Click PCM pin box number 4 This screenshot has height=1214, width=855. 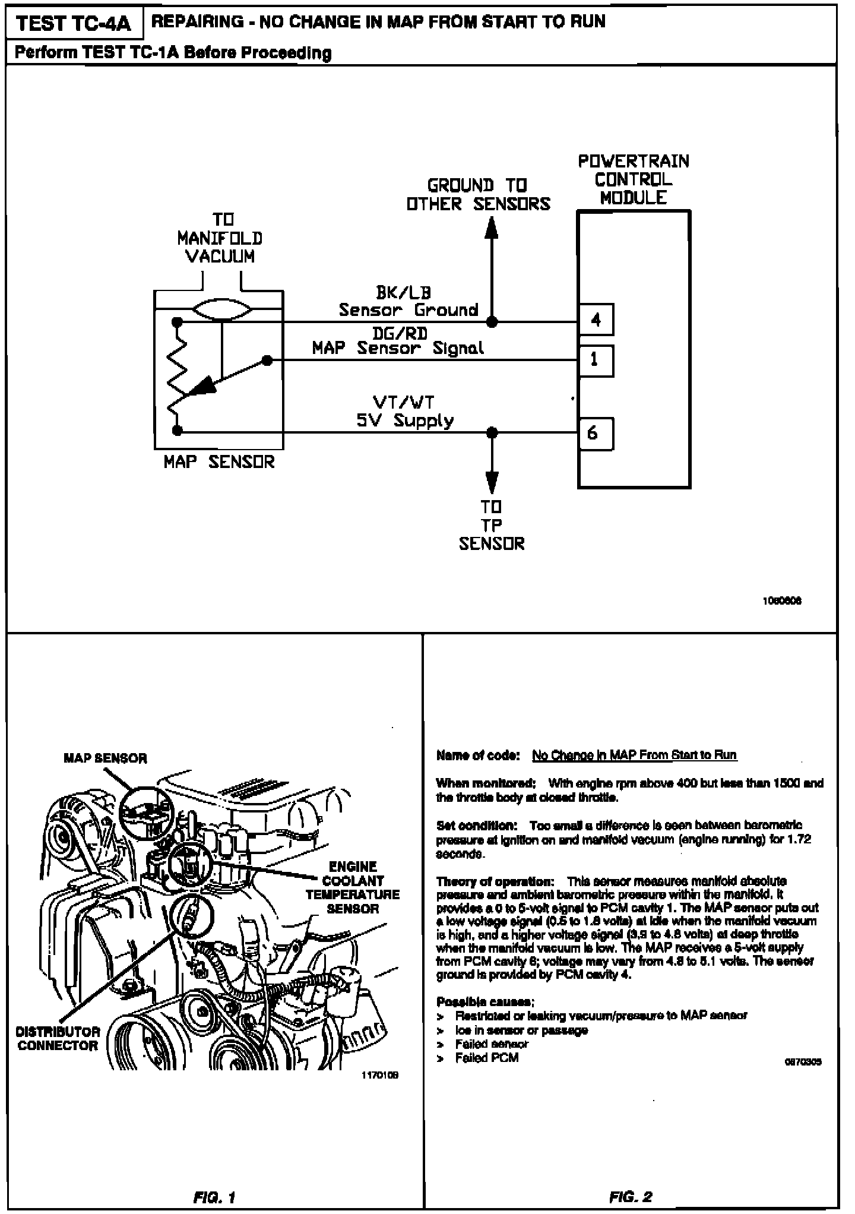tap(596, 320)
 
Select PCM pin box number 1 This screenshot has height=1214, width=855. tap(596, 360)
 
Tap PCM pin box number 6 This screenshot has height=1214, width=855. tap(596, 434)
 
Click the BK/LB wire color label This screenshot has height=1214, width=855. tap(403, 292)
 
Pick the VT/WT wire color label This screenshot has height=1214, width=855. tap(403, 402)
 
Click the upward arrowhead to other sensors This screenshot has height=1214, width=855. tap(492, 229)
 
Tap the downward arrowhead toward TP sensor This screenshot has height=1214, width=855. tap(492, 482)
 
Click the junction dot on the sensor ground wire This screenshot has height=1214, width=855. tap(492, 322)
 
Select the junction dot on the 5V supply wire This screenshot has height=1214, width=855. tap(492, 432)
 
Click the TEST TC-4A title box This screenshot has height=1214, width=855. tap(74, 24)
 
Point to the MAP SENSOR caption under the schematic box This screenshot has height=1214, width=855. tap(219, 462)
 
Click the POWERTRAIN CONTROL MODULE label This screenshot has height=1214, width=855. tap(634, 179)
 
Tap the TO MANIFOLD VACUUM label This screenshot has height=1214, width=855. tap(220, 239)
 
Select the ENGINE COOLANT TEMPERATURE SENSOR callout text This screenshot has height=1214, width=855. tap(353, 887)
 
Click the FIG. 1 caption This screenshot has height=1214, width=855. tap(214, 1197)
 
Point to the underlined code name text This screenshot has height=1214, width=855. tap(634, 755)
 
